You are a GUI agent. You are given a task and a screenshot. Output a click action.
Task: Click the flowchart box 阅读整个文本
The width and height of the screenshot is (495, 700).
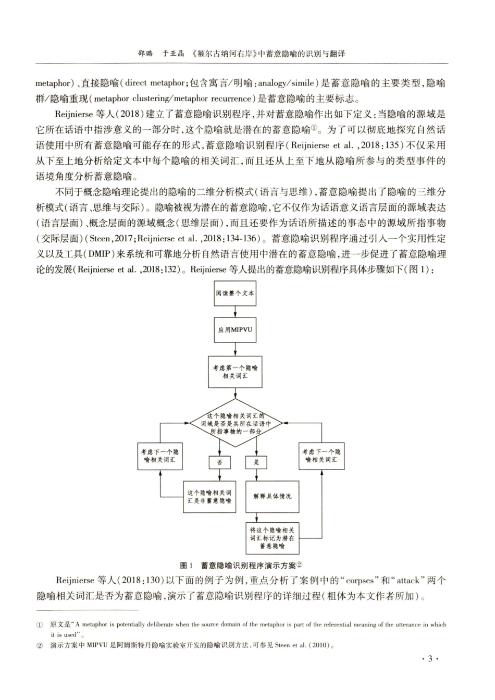click(235, 293)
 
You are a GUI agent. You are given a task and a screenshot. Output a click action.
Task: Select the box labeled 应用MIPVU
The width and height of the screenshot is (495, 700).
click(235, 329)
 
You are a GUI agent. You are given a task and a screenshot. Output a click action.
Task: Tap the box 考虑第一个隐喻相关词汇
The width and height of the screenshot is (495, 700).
click(235, 372)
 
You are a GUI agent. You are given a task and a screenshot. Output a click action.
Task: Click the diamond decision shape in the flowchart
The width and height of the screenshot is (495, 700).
click(235, 423)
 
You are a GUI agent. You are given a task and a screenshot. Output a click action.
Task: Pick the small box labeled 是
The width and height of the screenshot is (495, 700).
click(256, 462)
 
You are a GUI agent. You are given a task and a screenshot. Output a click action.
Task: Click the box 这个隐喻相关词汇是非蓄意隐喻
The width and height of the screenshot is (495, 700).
click(209, 496)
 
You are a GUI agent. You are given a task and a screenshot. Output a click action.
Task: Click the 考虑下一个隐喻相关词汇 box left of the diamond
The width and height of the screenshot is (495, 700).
click(159, 456)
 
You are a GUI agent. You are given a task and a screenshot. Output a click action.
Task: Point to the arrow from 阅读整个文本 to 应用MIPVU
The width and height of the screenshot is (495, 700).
click(235, 310)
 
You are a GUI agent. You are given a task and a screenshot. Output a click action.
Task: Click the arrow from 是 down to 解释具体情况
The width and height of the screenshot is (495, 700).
click(256, 474)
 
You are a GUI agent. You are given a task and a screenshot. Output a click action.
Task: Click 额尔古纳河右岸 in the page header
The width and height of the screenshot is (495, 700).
click(226, 54)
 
